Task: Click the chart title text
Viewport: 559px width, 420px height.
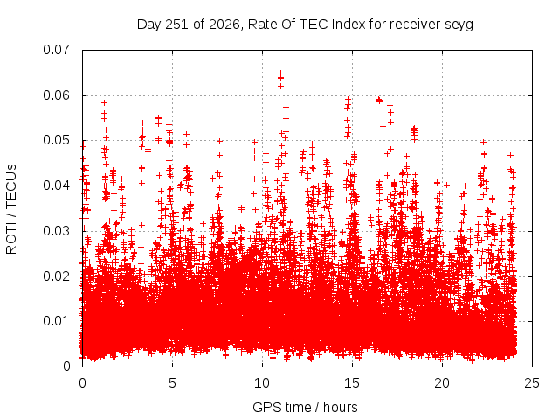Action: coord(305,24)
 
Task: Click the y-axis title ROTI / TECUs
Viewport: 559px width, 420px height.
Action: coord(11,209)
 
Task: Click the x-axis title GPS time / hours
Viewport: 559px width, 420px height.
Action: coord(305,407)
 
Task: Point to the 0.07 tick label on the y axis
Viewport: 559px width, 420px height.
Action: coord(56,50)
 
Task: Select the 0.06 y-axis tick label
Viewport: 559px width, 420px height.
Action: coord(56,95)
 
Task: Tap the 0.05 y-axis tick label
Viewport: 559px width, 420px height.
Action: coord(56,140)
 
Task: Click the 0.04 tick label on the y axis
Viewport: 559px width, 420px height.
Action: coord(56,185)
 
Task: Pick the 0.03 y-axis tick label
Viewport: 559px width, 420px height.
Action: coord(56,231)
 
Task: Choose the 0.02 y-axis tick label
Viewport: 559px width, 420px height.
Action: coord(56,276)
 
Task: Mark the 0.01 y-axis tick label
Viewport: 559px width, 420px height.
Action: coord(56,321)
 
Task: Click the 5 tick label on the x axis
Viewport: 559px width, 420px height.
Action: coord(173,383)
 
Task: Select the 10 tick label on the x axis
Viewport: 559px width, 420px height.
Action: coord(262,383)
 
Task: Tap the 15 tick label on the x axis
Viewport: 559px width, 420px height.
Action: coord(352,383)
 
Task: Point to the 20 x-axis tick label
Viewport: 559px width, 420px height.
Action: coord(442,383)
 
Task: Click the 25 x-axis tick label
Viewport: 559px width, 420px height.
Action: coord(532,383)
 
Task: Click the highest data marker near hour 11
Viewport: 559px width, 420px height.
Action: coord(281,73)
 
